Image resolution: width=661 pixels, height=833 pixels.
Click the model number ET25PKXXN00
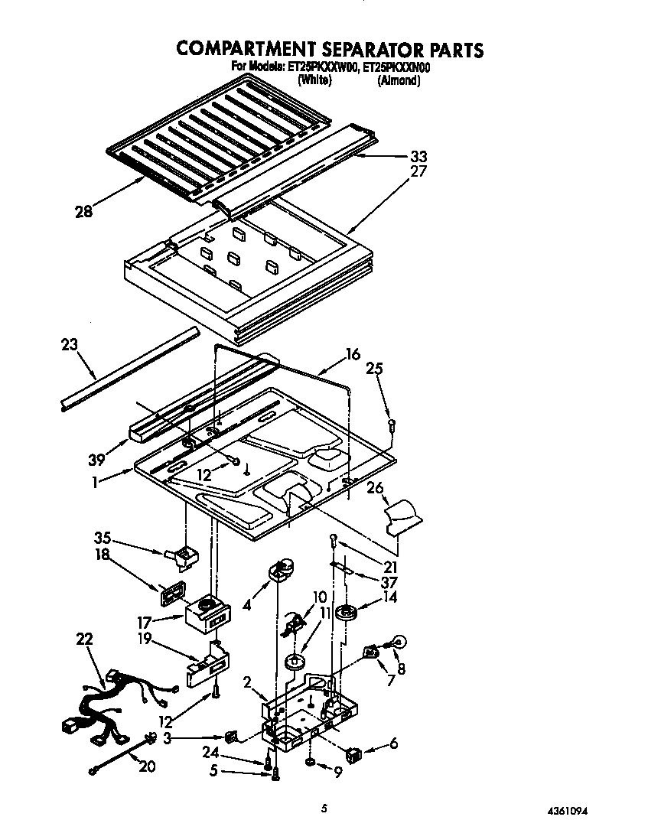pos(396,68)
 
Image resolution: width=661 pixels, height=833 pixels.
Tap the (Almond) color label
pos(399,80)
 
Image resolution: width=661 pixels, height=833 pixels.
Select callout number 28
pos(83,212)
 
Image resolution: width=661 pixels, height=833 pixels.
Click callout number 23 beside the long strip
pos(68,344)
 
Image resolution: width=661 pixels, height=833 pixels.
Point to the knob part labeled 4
pos(280,570)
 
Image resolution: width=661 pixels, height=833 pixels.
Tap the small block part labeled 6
pos(353,756)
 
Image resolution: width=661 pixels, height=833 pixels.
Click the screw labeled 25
pos(392,424)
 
